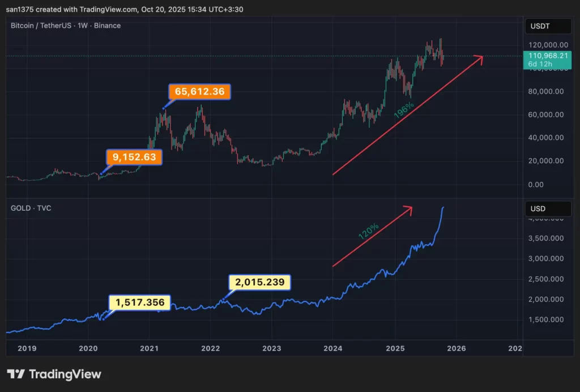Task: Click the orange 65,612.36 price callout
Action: pyautogui.click(x=199, y=92)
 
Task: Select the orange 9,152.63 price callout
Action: pyautogui.click(x=134, y=157)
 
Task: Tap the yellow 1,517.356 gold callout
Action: pyautogui.click(x=140, y=303)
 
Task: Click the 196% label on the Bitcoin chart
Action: pyautogui.click(x=404, y=110)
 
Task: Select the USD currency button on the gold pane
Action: pyautogui.click(x=538, y=208)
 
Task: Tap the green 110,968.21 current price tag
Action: pyautogui.click(x=547, y=59)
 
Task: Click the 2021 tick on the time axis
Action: pyautogui.click(x=149, y=348)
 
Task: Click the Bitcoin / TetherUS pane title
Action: pyautogui.click(x=65, y=25)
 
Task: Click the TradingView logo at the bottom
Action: pyautogui.click(x=54, y=374)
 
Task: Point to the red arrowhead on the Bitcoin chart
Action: pyautogui.click(x=480, y=58)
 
